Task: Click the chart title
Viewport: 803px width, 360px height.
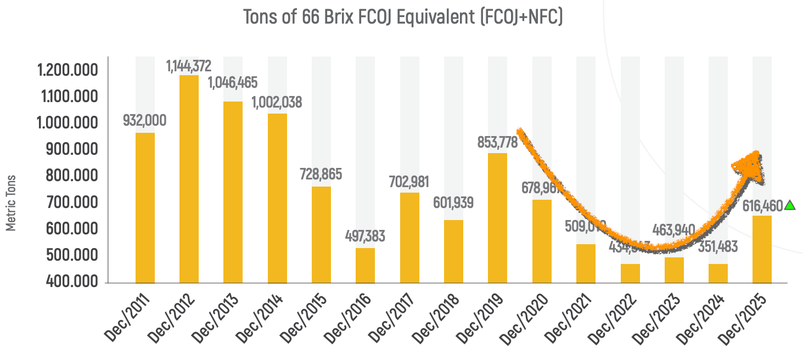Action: pyautogui.click(x=403, y=18)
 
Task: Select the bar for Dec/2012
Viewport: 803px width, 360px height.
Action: pyautogui.click(x=189, y=179)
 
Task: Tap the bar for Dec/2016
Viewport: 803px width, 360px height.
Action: pyautogui.click(x=365, y=266)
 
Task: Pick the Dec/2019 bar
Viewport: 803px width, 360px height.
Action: pyautogui.click(x=497, y=218)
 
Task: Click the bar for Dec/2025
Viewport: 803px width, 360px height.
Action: pyautogui.click(x=762, y=249)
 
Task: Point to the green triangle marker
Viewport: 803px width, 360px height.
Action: pyautogui.click(x=789, y=205)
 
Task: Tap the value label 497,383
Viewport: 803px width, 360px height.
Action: pyautogui.click(x=365, y=237)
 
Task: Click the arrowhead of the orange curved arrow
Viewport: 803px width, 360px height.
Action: pyautogui.click(x=751, y=165)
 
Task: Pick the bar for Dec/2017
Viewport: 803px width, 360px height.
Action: pyautogui.click(x=409, y=238)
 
